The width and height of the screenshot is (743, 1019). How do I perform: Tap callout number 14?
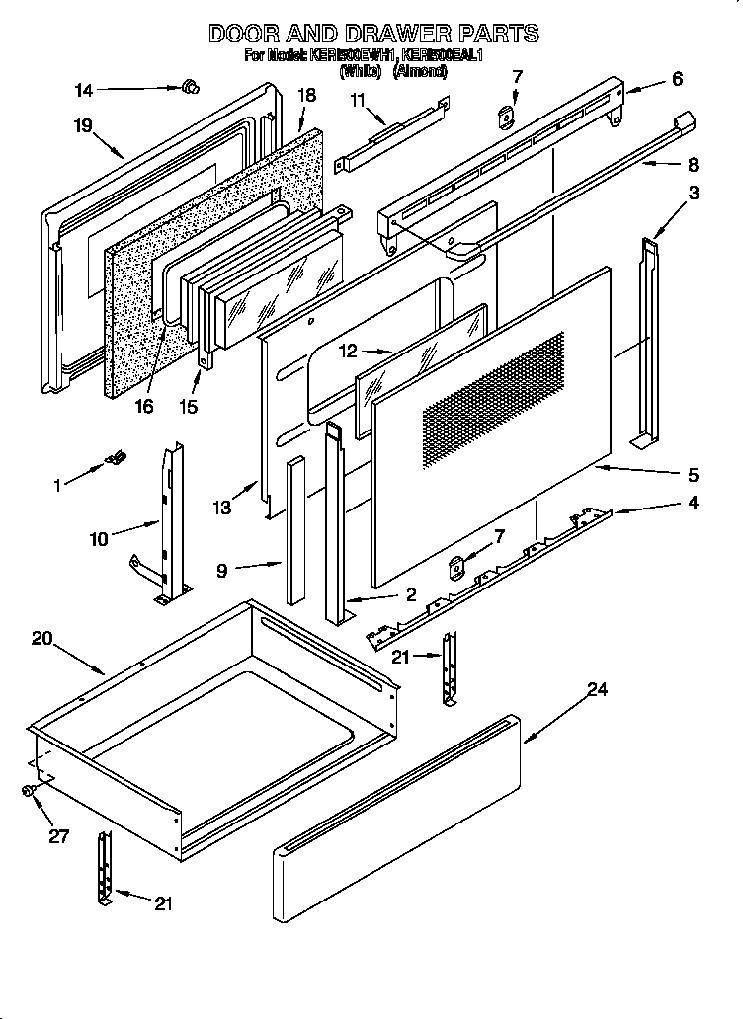click(84, 91)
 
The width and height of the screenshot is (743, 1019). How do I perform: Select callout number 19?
click(82, 125)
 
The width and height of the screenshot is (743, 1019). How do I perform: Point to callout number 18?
click(306, 95)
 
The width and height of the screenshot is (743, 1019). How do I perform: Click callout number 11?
click(357, 99)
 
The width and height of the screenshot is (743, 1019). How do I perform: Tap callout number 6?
click(676, 79)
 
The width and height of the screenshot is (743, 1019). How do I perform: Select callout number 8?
click(692, 165)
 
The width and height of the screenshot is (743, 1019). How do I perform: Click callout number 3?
click(694, 194)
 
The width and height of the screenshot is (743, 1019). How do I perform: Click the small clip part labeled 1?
click(116, 456)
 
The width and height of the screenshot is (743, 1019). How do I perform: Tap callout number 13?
click(221, 508)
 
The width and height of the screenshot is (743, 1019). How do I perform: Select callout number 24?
click(597, 689)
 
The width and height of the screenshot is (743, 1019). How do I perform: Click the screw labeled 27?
click(30, 791)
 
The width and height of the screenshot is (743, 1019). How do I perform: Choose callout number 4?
click(693, 504)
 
